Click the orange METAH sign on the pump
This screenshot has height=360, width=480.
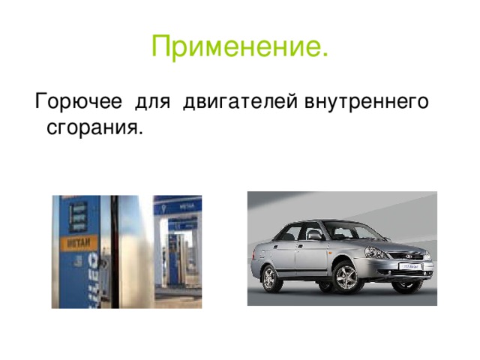click(x=77, y=245)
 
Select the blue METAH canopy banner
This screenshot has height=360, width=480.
click(x=178, y=203)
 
